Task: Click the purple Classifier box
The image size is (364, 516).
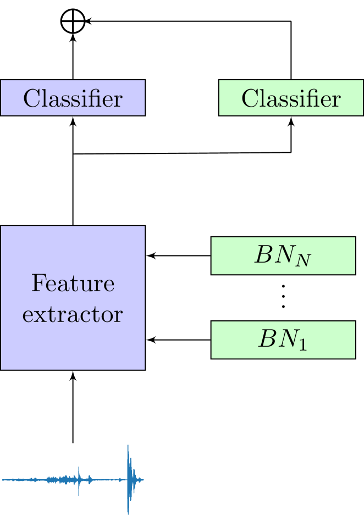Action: [x=73, y=98]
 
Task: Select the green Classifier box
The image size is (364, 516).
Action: [x=291, y=98]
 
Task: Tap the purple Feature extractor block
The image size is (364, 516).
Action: [x=73, y=297]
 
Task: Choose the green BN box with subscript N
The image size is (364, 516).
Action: [x=283, y=256]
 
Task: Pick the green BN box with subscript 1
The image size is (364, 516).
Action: [x=283, y=340]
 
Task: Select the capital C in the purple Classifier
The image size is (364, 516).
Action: [x=31, y=98]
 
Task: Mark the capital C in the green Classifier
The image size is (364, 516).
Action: [x=249, y=98]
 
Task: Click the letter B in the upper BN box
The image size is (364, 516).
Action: [x=262, y=256]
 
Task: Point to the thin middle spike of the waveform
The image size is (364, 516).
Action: [x=79, y=479]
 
